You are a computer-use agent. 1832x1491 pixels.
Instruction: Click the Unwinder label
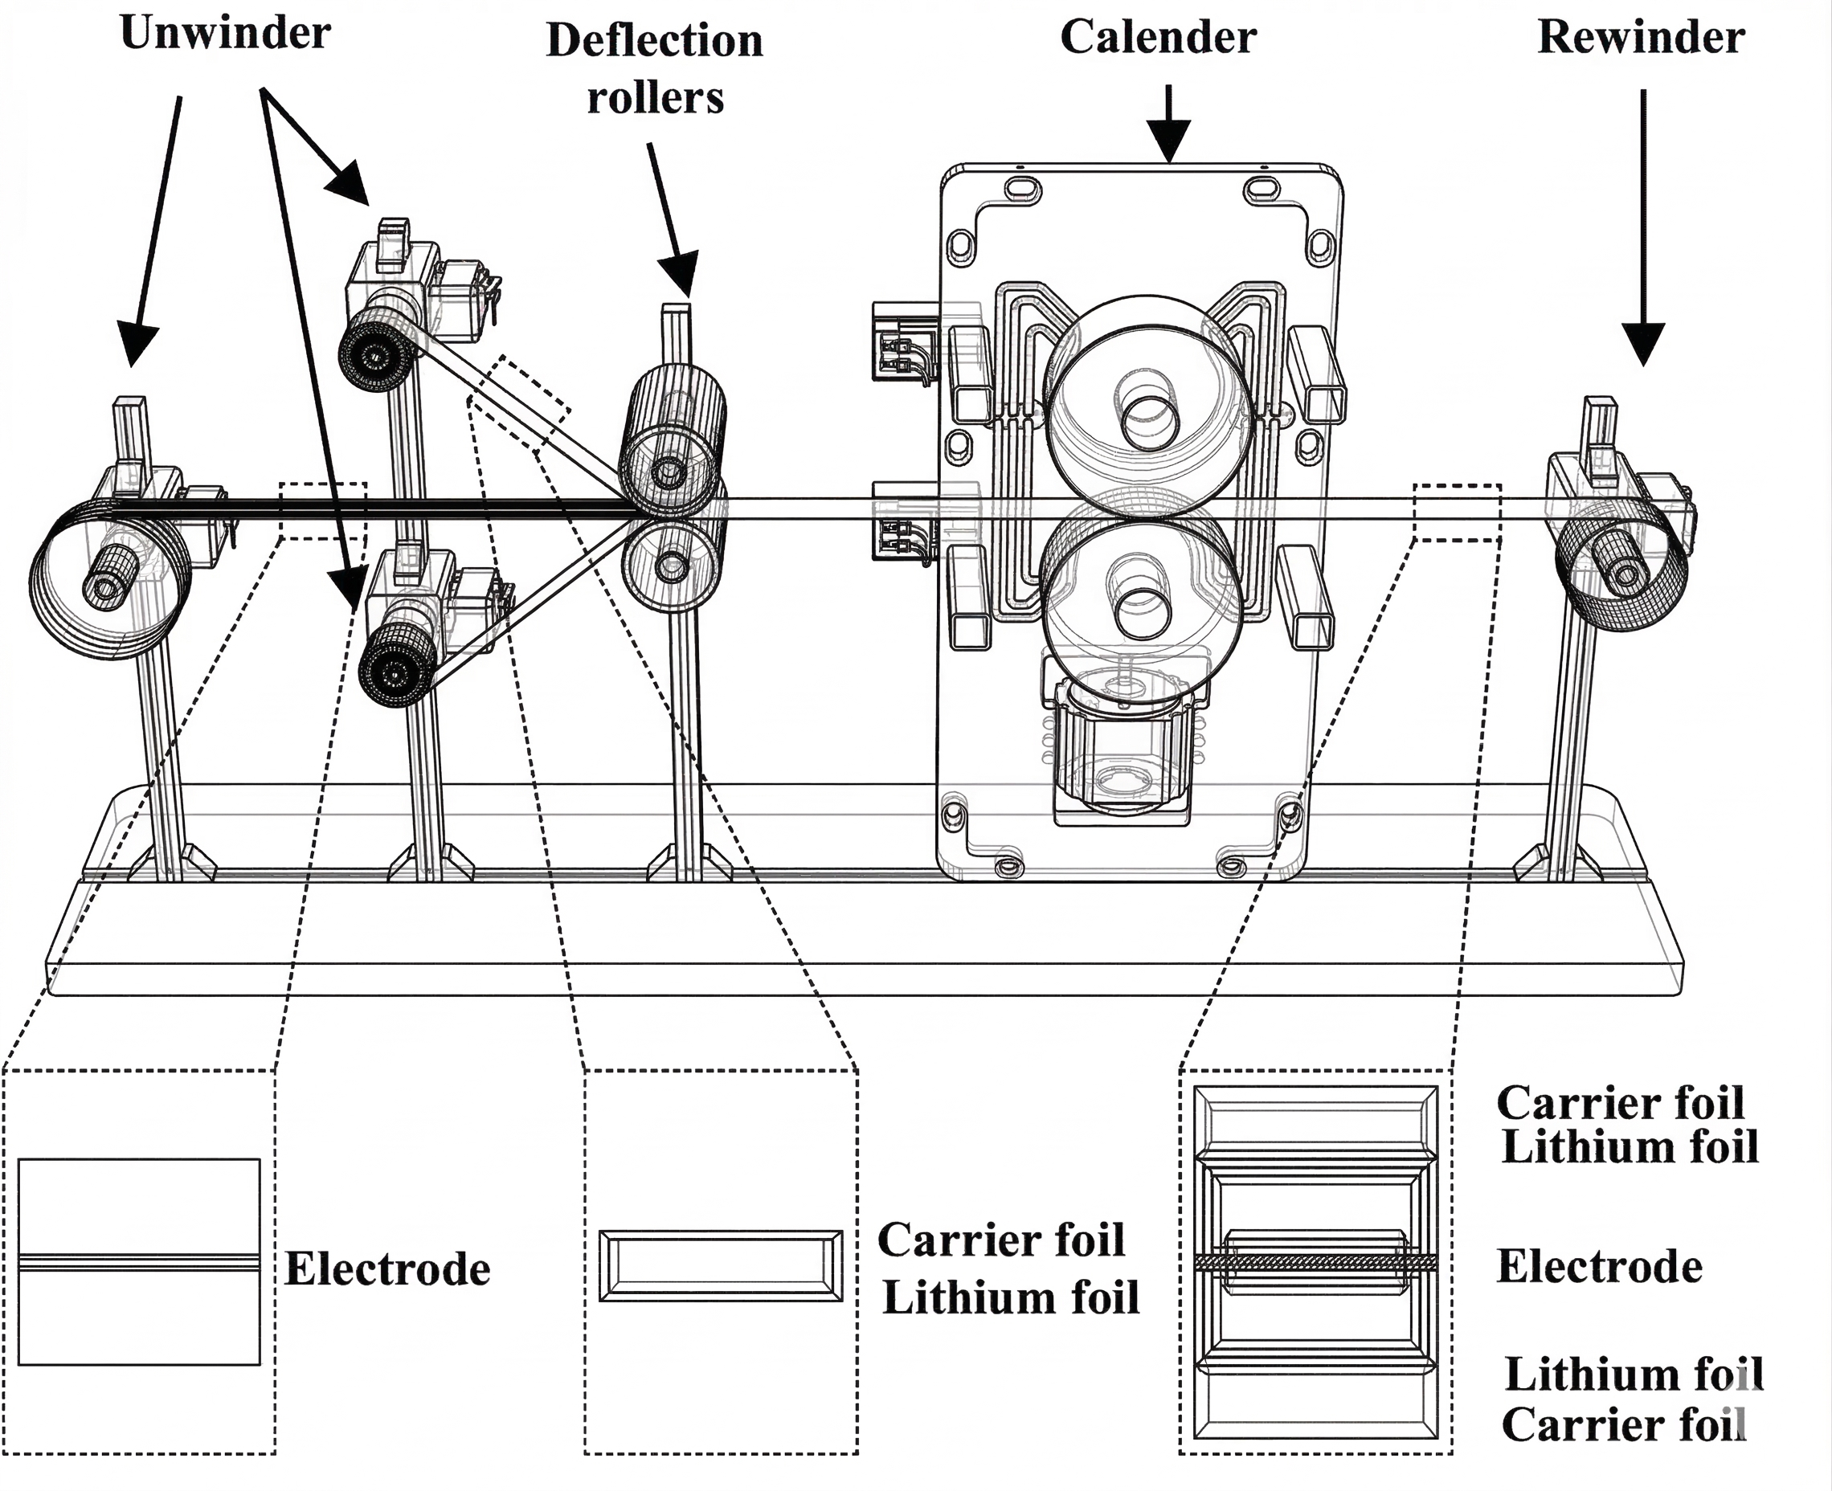coord(225,35)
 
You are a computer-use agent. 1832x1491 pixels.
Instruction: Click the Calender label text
coord(1158,38)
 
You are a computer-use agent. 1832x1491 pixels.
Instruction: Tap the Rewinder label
coord(1641,38)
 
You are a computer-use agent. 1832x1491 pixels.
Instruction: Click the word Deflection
coord(655,41)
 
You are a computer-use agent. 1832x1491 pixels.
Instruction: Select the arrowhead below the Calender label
coord(1168,142)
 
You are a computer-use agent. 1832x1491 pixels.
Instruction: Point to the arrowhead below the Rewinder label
coord(1643,344)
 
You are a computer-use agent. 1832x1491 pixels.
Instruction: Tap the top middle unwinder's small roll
coord(375,352)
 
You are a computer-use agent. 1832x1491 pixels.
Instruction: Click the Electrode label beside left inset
coord(386,1269)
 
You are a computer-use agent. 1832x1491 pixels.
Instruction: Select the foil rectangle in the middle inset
coord(720,1266)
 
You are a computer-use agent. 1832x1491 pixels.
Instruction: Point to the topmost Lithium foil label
coord(1630,1147)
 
